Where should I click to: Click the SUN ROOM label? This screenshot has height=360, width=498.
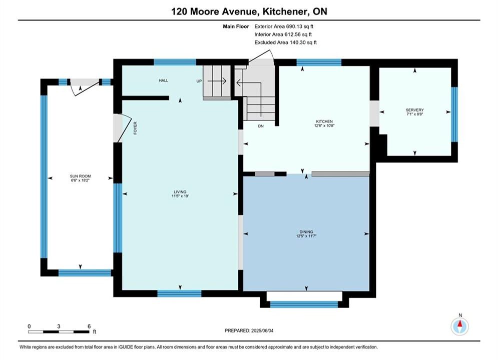tap(81, 176)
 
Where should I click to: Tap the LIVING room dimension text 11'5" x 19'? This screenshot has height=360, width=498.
tap(180, 196)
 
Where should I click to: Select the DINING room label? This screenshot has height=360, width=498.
tap(306, 232)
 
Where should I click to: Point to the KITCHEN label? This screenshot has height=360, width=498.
tap(324, 121)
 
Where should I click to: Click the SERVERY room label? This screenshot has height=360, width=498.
tap(415, 110)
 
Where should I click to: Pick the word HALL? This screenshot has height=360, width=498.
tap(164, 80)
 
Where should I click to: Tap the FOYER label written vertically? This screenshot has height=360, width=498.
tap(135, 128)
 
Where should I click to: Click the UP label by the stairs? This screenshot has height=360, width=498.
tap(199, 81)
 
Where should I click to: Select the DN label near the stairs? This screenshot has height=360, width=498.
tap(261, 126)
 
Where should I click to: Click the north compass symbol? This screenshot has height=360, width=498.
tap(460, 325)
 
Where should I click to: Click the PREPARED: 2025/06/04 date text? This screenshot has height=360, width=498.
tap(249, 330)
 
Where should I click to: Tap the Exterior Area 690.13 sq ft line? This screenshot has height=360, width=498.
tap(284, 26)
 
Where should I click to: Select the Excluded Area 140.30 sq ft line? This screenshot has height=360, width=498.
tap(285, 42)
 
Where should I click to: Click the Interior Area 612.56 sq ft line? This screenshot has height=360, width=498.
tap(283, 34)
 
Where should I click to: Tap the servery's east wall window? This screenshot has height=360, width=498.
tap(454, 114)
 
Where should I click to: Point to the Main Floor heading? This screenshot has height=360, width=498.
tap(236, 26)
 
